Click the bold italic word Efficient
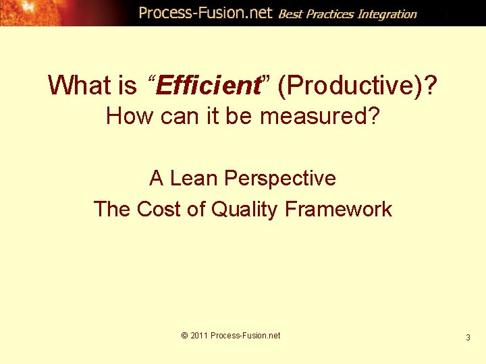[x=209, y=86]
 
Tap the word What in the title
[x=79, y=86]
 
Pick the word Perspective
[x=280, y=178]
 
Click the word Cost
[x=159, y=209]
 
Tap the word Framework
[x=338, y=209]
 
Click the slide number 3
[x=468, y=337]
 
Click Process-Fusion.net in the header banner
[x=205, y=13]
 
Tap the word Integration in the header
[x=387, y=13]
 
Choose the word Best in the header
[x=290, y=13]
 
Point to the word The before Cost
[x=113, y=209]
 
